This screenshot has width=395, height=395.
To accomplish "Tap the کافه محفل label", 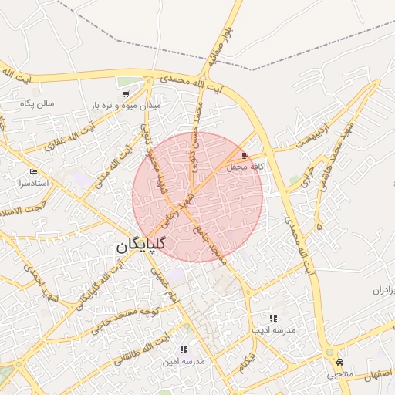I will [246, 166].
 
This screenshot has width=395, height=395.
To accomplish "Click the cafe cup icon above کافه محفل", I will [245, 155].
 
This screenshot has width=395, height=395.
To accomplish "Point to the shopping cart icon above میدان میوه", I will [125, 93].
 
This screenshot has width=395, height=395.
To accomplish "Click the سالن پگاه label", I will [39, 103].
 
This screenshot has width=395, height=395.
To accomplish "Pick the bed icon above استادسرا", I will [32, 172].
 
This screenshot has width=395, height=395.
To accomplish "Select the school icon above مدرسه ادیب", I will [273, 318].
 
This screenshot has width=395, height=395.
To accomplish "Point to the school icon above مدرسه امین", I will [184, 349].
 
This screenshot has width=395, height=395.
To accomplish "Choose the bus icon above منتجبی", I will [339, 363].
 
